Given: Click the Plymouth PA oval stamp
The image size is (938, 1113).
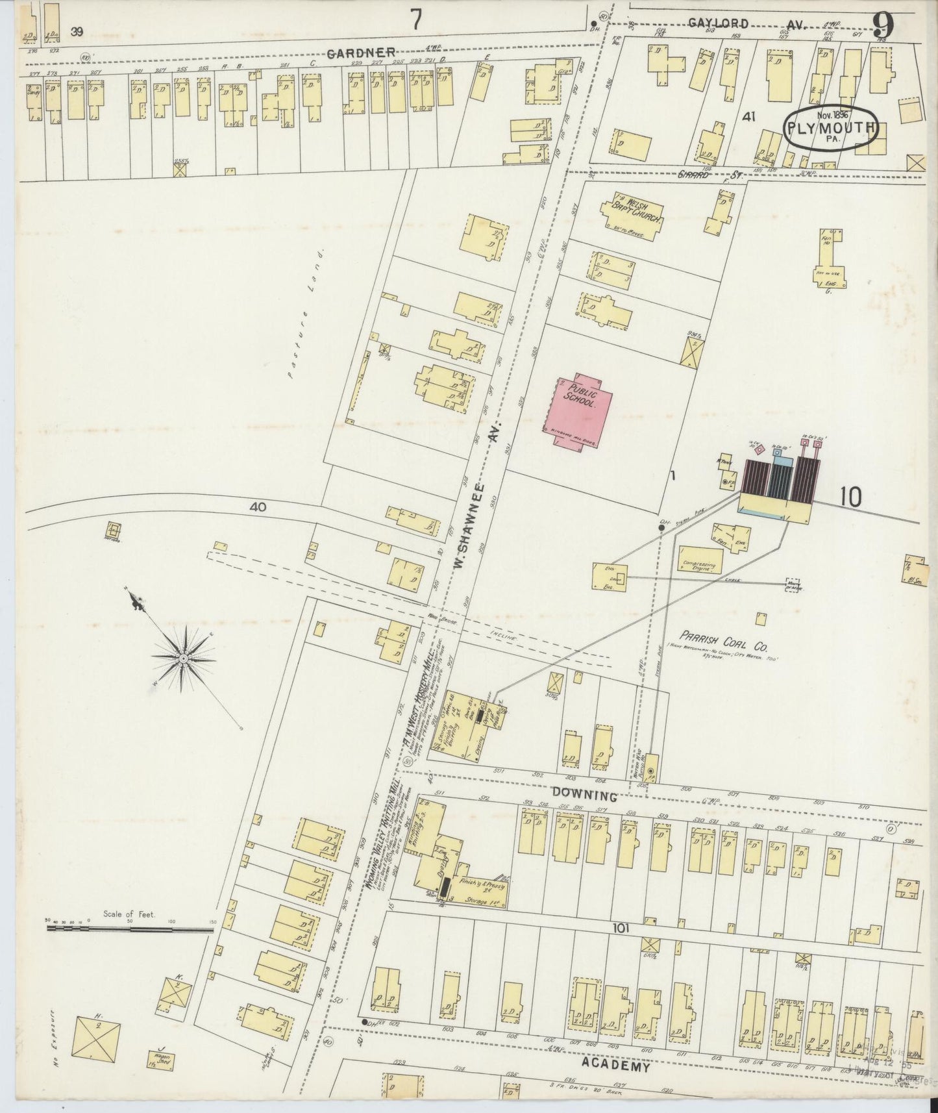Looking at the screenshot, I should click(x=830, y=129).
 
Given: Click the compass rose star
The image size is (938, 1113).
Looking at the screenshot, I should click(x=184, y=658).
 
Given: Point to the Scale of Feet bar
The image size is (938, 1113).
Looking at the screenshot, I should click(x=130, y=929).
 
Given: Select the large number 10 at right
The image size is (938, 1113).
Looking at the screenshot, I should click(x=850, y=497).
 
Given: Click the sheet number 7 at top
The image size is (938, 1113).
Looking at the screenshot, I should click(x=416, y=21).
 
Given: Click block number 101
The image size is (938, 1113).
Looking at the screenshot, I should click(x=621, y=929).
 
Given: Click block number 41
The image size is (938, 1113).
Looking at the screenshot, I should click(x=750, y=117).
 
